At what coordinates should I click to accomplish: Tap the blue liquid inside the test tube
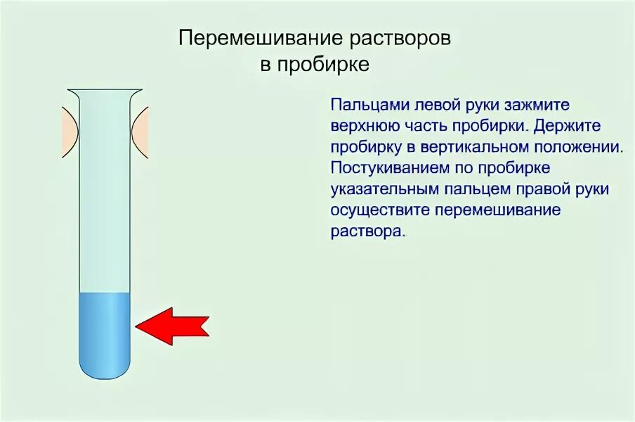[x=105, y=331]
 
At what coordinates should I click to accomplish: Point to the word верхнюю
[x=362, y=127]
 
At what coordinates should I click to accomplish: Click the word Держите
[x=569, y=127]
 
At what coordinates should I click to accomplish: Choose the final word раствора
[x=366, y=232]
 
